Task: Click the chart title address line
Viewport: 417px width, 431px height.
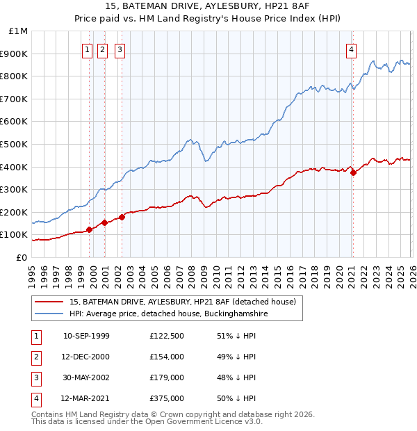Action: coord(208,7)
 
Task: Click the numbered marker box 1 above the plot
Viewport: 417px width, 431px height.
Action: coord(87,49)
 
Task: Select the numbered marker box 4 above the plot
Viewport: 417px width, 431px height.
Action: coord(352,49)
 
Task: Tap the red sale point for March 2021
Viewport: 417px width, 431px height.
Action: coord(353,172)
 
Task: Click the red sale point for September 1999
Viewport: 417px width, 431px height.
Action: coord(89,229)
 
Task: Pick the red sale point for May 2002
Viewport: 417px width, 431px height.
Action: coord(122,217)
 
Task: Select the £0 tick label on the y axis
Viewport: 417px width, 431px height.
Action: coord(22,257)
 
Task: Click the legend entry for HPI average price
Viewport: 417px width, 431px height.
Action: coord(169,314)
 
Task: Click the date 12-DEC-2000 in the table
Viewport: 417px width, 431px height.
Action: coord(86,357)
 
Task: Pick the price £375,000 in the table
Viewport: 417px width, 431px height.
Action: coord(166,398)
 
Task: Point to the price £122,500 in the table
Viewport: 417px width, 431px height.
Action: coord(166,336)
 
